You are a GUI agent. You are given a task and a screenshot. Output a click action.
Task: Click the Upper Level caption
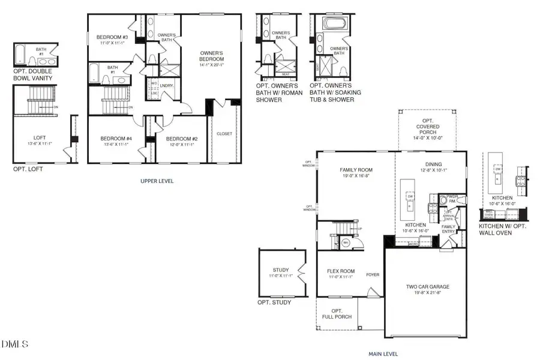pyautogui.click(x=157, y=181)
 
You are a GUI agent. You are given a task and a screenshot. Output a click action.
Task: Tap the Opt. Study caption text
pyautogui.click(x=274, y=302)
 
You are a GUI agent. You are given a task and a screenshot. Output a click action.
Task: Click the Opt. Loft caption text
pyautogui.click(x=28, y=169)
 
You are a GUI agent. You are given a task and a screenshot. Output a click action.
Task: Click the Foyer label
pyautogui.click(x=373, y=275)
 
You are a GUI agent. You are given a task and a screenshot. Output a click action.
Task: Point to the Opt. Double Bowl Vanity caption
pyautogui.click(x=33, y=74)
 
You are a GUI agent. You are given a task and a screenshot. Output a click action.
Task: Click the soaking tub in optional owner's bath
pyautogui.click(x=335, y=25)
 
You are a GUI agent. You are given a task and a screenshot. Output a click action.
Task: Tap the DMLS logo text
pyautogui.click(x=16, y=344)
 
